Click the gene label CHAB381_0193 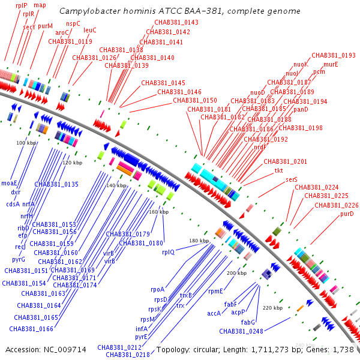[x=334, y=55]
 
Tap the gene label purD [x=347, y=214]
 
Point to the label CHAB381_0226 [x=337, y=205]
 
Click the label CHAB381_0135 [x=56, y=184]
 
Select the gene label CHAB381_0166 [x=31, y=329]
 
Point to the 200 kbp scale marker [x=236, y=273]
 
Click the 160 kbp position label [x=158, y=212]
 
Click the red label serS [x=292, y=179]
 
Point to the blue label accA [x=214, y=313]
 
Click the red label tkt [x=279, y=171]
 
